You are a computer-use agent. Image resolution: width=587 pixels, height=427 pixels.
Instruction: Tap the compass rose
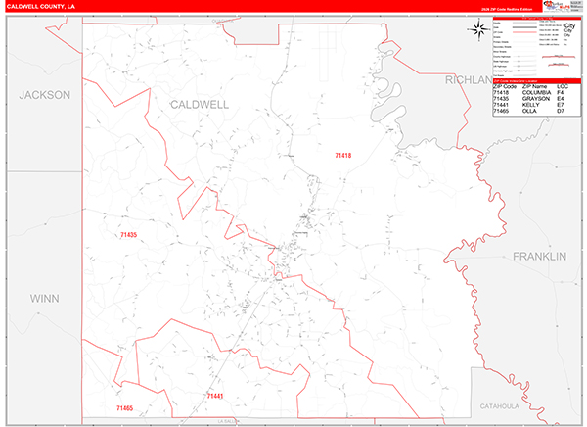(478, 30)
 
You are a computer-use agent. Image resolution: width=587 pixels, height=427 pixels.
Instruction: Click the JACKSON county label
(44, 95)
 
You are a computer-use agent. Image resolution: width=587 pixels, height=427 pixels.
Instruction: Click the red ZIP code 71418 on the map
(342, 156)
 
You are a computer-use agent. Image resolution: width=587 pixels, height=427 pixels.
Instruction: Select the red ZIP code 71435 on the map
(127, 235)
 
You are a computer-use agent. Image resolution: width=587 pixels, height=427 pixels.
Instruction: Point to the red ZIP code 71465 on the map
(124, 407)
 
